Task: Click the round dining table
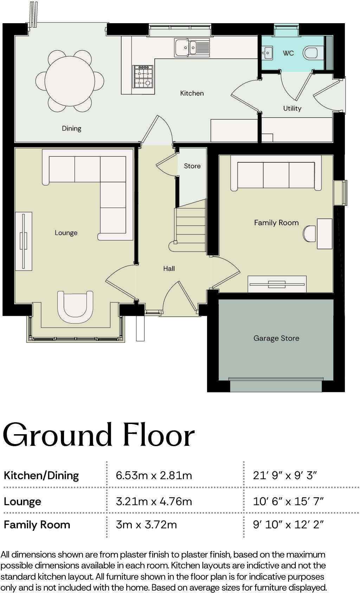70,81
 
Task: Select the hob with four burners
143,77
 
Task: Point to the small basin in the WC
267,53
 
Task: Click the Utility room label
292,108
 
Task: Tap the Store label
192,166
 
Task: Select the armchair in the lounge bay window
75,306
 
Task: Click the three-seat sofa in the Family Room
276,175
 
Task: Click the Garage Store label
276,338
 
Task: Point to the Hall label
169,268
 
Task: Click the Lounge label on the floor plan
66,233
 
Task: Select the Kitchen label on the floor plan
192,93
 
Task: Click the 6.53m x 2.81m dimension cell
154,475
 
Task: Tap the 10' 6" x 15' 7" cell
288,501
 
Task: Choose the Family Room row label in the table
37,524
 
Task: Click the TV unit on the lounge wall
23,241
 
